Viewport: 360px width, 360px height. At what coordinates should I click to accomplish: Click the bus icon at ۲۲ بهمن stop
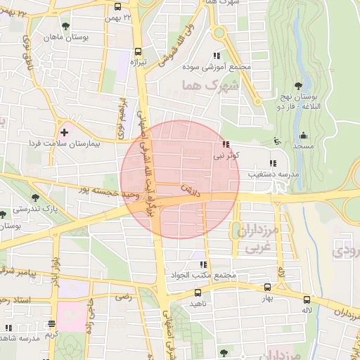(x=117, y=7)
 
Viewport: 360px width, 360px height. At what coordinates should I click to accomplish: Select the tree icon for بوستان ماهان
(x=65, y=26)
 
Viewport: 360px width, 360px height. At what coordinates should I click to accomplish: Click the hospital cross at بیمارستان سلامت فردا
(x=64, y=131)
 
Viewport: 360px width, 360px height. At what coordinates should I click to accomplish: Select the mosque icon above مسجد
(x=303, y=135)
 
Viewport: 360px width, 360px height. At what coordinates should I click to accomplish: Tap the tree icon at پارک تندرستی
(x=35, y=198)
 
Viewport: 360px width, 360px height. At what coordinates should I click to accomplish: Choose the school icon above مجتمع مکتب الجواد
(x=202, y=264)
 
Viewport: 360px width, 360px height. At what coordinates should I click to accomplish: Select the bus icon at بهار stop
(x=266, y=287)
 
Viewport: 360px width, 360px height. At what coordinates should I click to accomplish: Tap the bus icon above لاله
(x=306, y=299)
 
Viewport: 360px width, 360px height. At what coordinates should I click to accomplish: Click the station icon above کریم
(x=51, y=324)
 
